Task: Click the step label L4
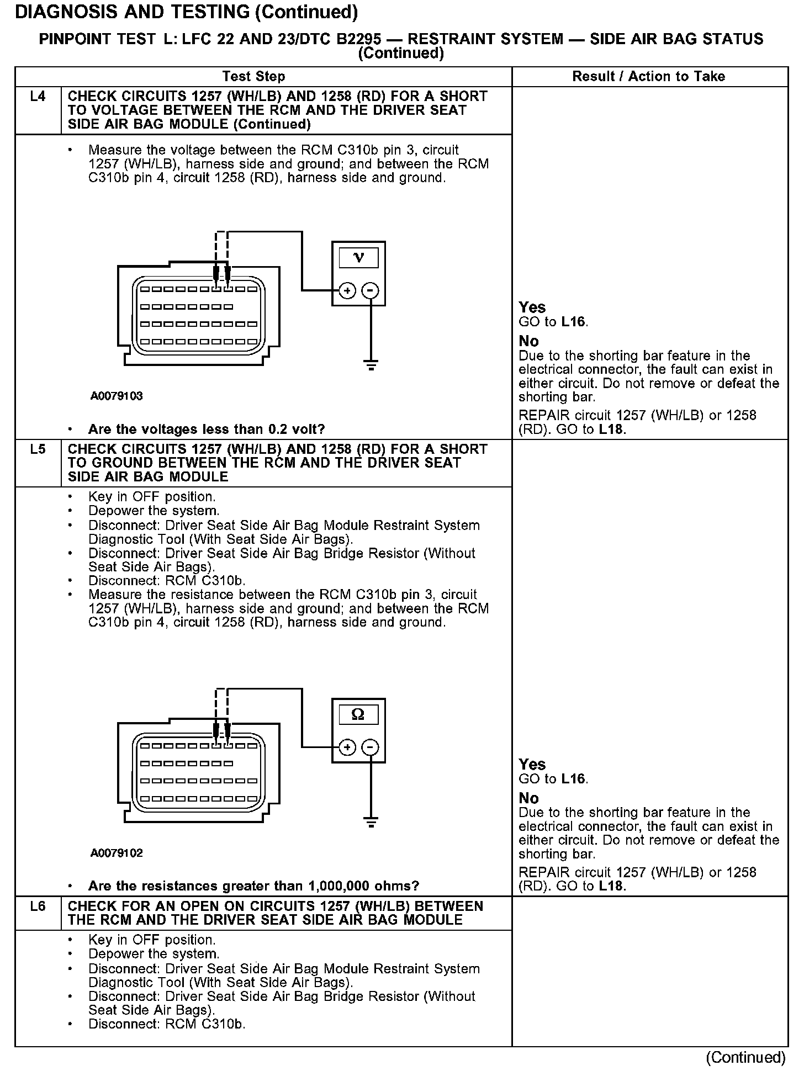[x=38, y=97]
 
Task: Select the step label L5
[x=38, y=449]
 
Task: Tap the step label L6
[x=38, y=906]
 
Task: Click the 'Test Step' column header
[x=253, y=77]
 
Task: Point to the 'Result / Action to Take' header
[x=649, y=77]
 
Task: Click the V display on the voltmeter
[x=358, y=258]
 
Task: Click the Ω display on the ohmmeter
[x=358, y=715]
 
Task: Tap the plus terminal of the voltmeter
[x=347, y=290]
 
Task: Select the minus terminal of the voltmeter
[x=371, y=290]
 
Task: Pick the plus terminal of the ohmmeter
[x=347, y=747]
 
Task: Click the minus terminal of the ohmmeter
[x=371, y=747]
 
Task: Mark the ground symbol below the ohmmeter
[x=371, y=823]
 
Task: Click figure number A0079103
[x=117, y=396]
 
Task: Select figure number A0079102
[x=117, y=853]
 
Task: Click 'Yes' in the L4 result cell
[x=532, y=307]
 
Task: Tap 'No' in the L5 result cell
[x=528, y=798]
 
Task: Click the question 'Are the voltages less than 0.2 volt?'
[x=207, y=429]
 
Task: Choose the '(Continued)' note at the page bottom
[x=745, y=1057]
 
